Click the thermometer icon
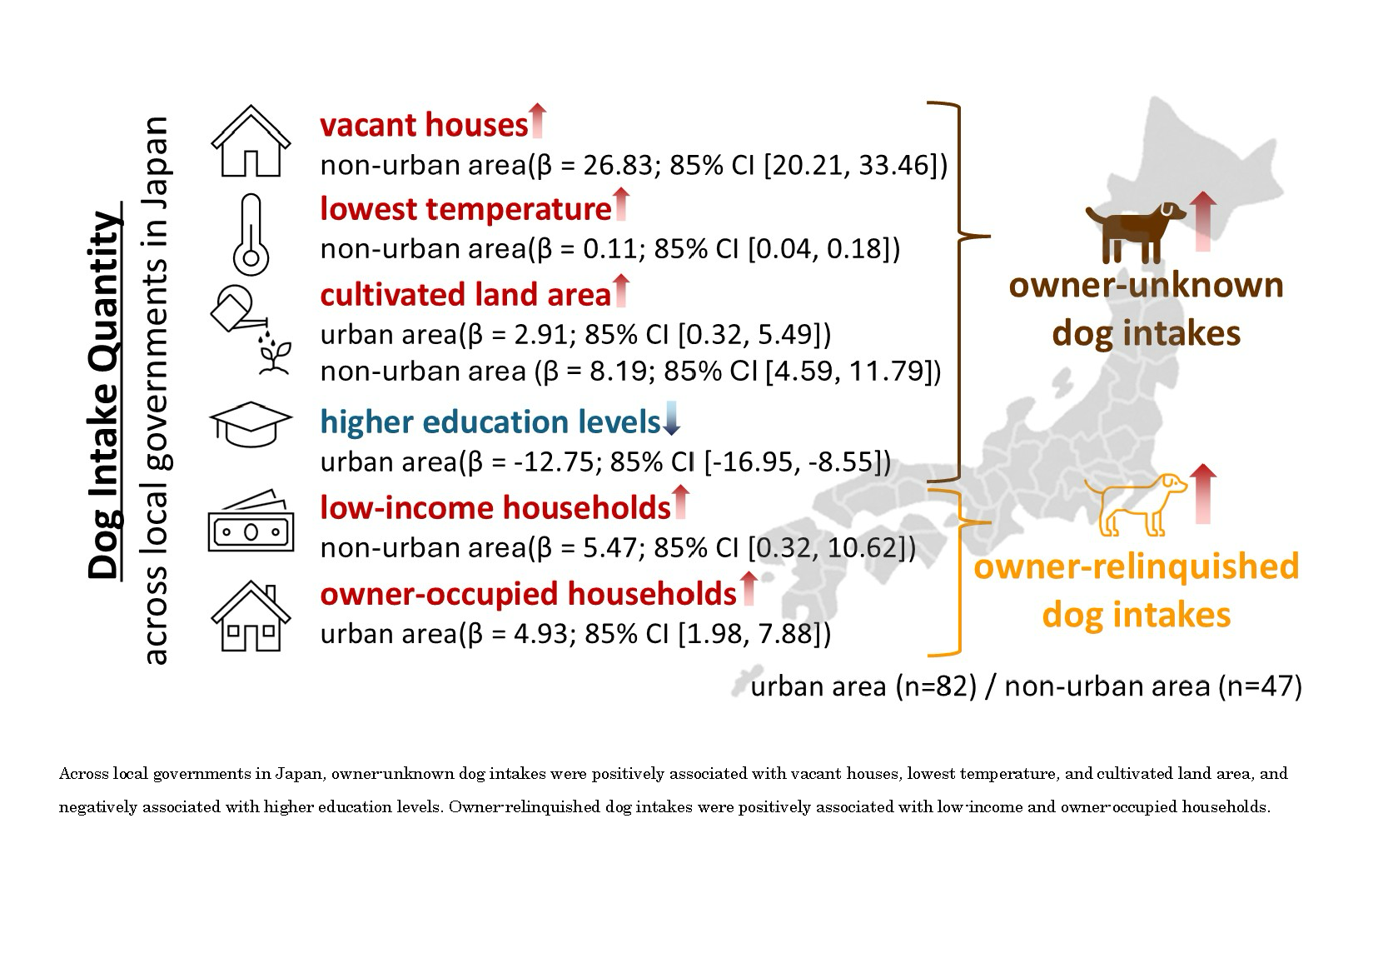(x=251, y=235)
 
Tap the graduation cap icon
(x=250, y=424)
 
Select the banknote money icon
(x=251, y=521)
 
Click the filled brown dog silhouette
(x=1135, y=232)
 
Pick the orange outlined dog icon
(x=1136, y=503)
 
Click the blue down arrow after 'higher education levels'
(x=671, y=418)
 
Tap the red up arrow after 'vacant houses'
(x=538, y=121)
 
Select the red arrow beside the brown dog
(x=1202, y=222)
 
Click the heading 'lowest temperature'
(x=465, y=209)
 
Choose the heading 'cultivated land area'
(x=465, y=294)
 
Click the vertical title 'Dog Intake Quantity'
(x=104, y=396)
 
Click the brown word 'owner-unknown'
(x=1146, y=286)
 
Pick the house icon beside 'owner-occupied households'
(x=251, y=616)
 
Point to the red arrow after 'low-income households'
(x=680, y=502)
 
